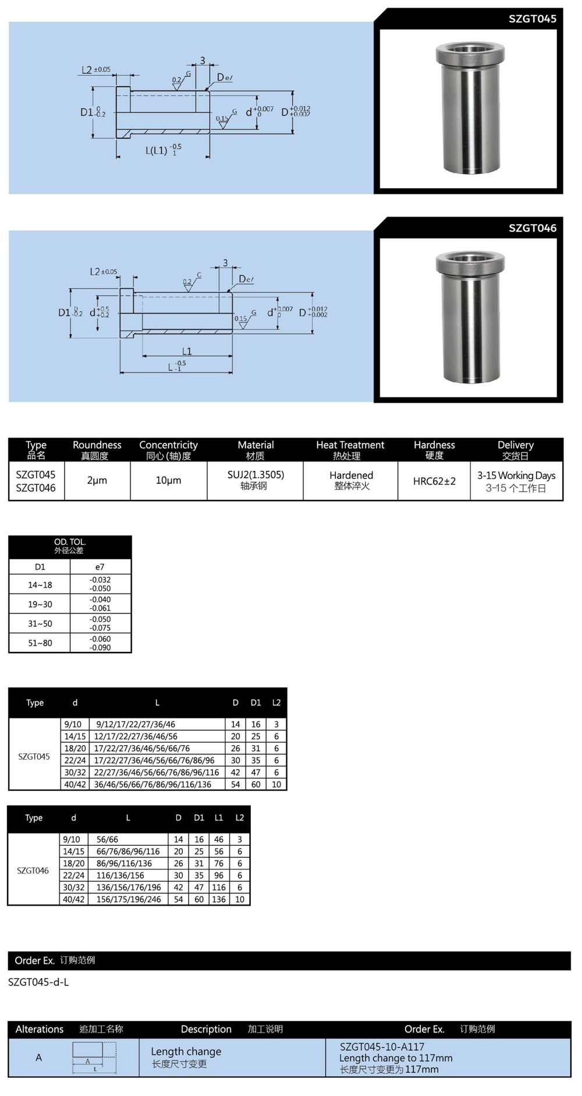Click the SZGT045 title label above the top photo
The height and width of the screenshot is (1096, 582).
[532, 19]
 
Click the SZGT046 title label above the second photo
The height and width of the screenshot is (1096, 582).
[532, 228]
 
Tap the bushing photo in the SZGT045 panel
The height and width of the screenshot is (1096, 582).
[469, 108]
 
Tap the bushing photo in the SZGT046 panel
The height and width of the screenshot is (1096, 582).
[469, 317]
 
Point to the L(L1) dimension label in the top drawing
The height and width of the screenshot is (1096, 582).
[157, 150]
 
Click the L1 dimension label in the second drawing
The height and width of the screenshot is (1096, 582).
[187, 351]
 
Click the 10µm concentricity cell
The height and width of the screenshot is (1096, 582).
[168, 480]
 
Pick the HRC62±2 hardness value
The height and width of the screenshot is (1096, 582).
[434, 481]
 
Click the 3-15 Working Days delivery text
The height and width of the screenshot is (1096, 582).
[516, 476]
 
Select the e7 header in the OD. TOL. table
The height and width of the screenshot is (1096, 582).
[100, 567]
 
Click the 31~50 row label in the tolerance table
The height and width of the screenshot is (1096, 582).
[40, 623]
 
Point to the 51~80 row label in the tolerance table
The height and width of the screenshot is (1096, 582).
[40, 643]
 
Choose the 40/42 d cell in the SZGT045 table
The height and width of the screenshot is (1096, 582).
[75, 784]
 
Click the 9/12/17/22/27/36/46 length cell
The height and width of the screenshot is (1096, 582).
[136, 724]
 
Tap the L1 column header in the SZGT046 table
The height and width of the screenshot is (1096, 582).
[218, 818]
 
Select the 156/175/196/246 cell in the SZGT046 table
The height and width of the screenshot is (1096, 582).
[129, 899]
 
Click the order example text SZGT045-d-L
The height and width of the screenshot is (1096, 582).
[38, 982]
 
